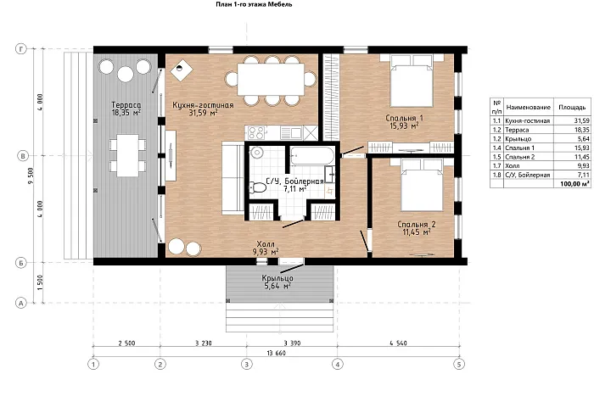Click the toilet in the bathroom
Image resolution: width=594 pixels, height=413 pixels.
coord(259,187)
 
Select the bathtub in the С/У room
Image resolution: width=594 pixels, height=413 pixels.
coord(312,156)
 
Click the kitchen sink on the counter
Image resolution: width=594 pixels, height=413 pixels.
coord(291,133)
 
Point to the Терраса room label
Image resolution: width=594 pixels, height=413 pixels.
coord(126,109)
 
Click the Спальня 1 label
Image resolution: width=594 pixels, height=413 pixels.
coord(404,121)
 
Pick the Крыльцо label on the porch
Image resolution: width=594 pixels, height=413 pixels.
coord(277,282)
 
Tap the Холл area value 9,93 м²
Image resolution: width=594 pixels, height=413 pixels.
coord(266,251)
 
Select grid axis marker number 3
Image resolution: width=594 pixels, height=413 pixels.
coord(247,364)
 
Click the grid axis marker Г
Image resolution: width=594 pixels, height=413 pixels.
coord(21,49)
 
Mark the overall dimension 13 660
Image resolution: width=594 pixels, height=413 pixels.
coord(276,353)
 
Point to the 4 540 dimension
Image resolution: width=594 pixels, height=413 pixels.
coord(398,343)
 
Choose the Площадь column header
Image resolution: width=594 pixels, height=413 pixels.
coord(572,107)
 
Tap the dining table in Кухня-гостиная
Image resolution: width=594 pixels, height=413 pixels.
coord(271,80)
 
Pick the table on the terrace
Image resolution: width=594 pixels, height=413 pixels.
coord(127,155)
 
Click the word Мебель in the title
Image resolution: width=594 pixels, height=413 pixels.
coord(283,4)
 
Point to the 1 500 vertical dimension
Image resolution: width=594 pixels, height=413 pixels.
coord(41,282)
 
